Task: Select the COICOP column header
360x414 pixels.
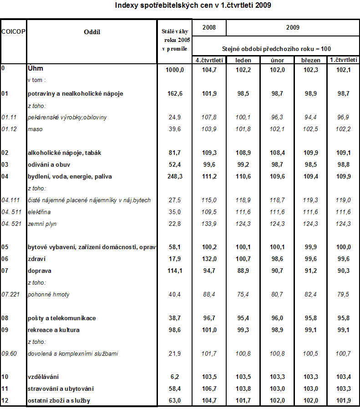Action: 13,31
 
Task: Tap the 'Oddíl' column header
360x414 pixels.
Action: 92,31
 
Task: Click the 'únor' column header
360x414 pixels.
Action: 277,60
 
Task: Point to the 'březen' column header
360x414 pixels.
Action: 311,60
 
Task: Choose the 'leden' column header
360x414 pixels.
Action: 243,60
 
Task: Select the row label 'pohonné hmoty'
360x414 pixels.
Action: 49,294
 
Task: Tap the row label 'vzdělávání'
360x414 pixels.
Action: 44,377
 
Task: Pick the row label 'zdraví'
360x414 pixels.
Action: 36,259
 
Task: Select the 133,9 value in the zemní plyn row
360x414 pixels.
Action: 209,224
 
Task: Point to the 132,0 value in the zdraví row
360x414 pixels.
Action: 209,259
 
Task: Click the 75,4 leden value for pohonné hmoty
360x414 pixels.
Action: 243,294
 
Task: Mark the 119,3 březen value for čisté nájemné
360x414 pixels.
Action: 311,200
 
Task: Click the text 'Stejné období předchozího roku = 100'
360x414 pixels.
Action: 276,49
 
